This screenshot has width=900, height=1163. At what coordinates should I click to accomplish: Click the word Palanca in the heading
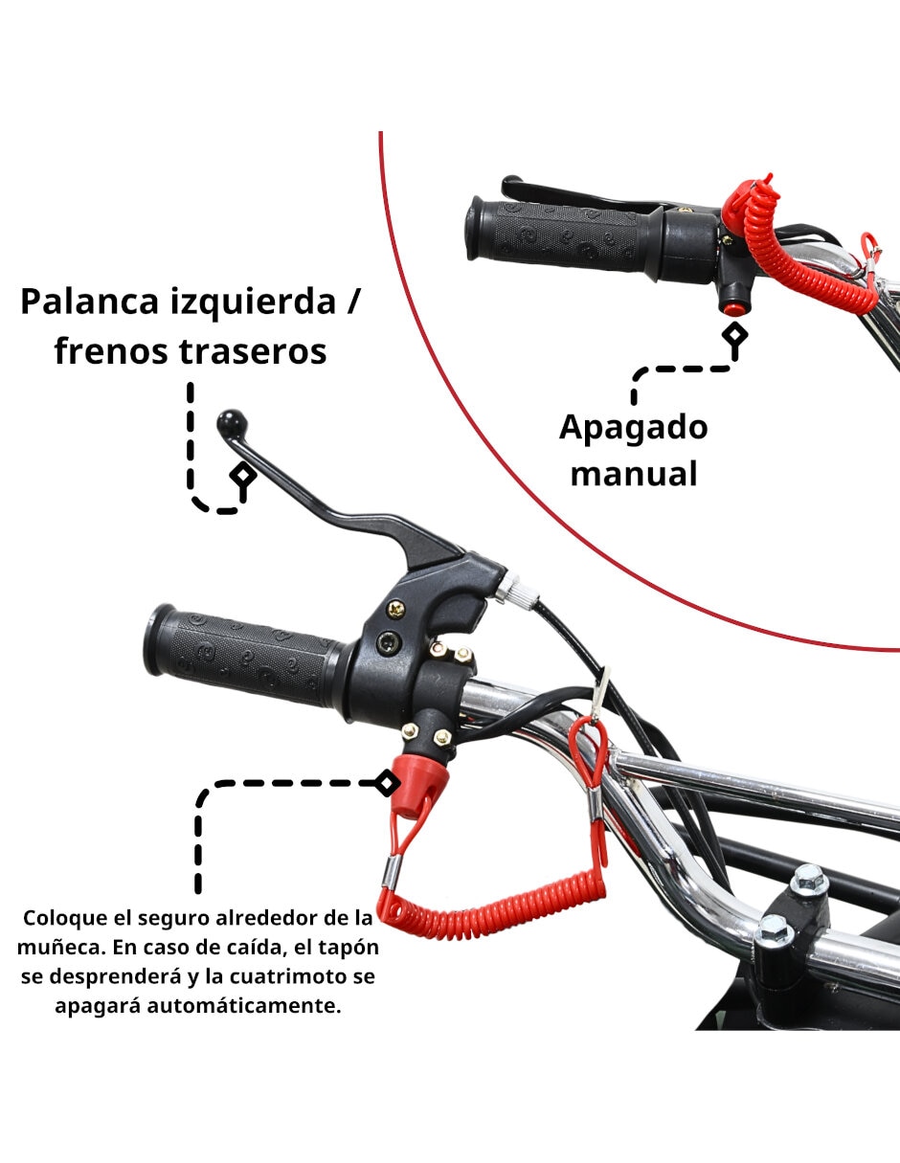[x=89, y=302]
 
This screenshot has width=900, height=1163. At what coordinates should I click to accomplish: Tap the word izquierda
[x=253, y=303]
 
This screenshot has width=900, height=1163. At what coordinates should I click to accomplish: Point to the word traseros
[x=253, y=352]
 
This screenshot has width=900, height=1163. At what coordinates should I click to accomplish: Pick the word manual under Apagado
[x=634, y=474]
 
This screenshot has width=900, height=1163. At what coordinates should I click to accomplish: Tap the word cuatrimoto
[x=287, y=976]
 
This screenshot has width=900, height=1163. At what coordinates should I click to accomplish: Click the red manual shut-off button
[x=732, y=308]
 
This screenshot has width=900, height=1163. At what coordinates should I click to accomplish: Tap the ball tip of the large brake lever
[x=233, y=424]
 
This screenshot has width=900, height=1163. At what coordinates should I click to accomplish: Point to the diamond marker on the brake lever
[x=243, y=475]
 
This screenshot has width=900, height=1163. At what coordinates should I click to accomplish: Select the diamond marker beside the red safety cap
[x=386, y=784]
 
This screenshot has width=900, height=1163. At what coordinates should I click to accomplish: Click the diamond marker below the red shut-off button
[x=734, y=334]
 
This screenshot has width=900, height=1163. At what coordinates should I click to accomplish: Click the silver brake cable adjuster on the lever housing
[x=515, y=590]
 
